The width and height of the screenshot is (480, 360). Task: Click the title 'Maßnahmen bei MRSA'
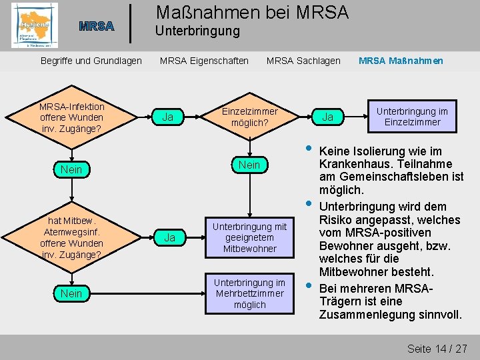coord(251,11)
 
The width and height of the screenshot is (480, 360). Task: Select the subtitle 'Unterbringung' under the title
coord(197,31)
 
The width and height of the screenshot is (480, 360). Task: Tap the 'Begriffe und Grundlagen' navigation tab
coord(91,61)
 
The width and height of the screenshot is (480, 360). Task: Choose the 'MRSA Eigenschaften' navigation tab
coord(204,61)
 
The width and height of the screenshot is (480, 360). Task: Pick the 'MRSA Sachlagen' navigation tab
coord(303,61)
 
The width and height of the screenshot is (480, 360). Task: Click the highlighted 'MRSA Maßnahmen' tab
coord(401,61)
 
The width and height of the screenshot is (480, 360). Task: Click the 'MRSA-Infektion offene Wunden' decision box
coord(71,117)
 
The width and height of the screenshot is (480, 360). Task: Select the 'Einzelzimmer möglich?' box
coord(249,117)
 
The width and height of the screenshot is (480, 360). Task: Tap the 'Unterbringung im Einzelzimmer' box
coord(412,117)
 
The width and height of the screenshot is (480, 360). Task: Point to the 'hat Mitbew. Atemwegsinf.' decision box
coord(71,237)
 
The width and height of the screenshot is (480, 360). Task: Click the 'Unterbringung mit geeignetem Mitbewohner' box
coord(249,237)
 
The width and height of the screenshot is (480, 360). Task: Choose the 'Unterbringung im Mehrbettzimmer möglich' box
coord(249,293)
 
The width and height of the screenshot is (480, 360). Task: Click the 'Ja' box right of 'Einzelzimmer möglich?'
coord(327,117)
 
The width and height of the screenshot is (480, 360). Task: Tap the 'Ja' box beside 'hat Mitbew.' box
coord(169,237)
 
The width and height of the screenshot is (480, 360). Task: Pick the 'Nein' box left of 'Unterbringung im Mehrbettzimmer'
coord(71,293)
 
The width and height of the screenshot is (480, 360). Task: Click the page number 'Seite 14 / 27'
coord(437,349)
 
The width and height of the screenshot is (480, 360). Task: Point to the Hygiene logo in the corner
coord(34,26)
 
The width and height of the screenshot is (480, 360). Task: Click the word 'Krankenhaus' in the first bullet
coord(353,164)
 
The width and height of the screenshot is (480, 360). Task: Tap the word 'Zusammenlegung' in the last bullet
coord(367,314)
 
